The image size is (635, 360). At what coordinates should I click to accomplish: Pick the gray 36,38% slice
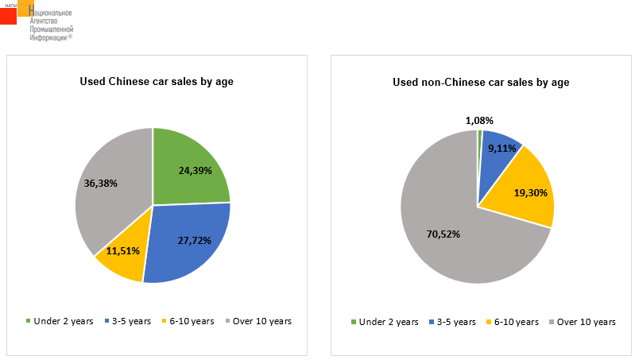107,191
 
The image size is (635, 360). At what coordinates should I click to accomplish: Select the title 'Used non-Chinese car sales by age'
481,82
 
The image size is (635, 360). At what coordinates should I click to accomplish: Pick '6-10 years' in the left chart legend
192,321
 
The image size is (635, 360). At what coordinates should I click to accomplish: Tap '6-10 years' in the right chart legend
516,322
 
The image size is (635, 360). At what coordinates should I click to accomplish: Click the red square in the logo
8,15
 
